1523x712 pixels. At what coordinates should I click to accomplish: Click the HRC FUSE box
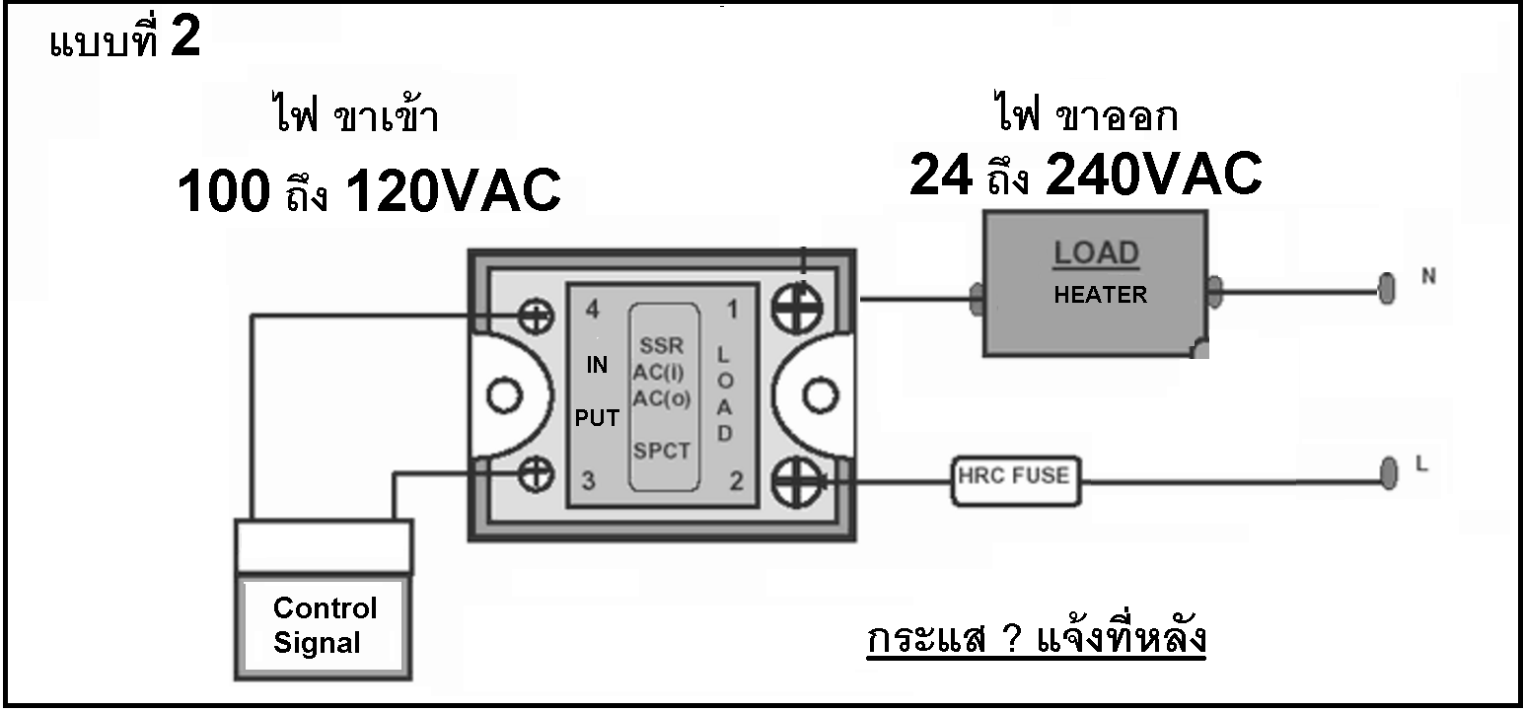pos(1016,481)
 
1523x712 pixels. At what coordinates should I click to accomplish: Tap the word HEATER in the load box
pos(1100,295)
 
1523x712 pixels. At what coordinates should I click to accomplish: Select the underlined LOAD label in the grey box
pos(1096,253)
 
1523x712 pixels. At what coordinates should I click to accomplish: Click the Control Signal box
pos(324,626)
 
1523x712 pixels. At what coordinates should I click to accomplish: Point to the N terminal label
pos(1428,276)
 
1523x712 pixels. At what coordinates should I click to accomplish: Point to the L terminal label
pos(1421,463)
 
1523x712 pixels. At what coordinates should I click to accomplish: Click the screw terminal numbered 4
pos(536,317)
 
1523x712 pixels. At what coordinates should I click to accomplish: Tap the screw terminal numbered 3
pos(536,473)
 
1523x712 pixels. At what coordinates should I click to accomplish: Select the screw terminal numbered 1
pos(797,309)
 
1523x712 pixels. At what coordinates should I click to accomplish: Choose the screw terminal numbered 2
pos(797,481)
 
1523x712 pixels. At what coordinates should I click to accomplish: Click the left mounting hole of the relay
pos(504,395)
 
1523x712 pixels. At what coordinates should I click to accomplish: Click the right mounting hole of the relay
pos(820,395)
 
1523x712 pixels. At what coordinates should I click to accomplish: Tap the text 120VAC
pos(454,191)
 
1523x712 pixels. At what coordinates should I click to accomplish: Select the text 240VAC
pos(1154,175)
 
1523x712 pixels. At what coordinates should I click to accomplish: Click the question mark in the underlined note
pos(1012,639)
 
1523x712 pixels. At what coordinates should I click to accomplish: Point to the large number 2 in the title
pos(185,36)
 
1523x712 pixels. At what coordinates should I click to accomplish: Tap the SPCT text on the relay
pos(662,451)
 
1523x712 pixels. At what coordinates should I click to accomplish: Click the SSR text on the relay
pos(662,345)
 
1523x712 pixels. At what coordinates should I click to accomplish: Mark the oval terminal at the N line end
pos(1387,288)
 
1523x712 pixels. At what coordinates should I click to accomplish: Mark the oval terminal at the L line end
pos(1389,473)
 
